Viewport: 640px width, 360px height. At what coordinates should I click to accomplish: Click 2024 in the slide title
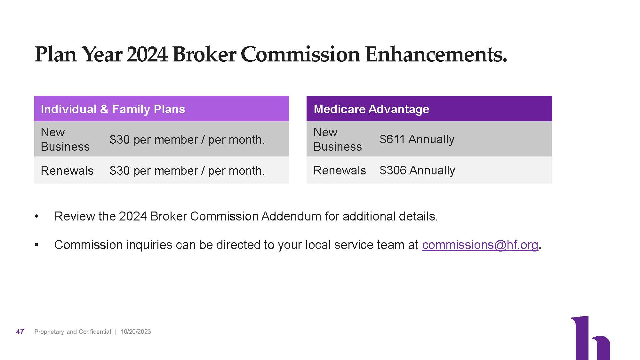[147, 54]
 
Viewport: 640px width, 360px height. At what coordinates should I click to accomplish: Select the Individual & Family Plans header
[113, 109]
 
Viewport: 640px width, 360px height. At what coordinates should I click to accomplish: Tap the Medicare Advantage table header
[371, 109]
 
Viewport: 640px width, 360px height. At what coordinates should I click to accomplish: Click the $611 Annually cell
[417, 139]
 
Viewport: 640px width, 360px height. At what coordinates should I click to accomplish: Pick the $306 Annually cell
[417, 170]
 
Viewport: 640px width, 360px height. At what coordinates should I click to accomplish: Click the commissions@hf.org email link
[480, 245]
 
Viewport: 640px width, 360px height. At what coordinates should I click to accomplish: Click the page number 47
[20, 332]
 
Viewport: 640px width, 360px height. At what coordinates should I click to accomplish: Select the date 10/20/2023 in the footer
[135, 332]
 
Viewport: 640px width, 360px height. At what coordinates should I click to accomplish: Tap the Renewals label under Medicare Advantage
[340, 170]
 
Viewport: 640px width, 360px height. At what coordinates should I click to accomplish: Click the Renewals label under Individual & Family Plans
[67, 171]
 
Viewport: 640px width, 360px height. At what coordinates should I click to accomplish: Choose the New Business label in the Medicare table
[337, 139]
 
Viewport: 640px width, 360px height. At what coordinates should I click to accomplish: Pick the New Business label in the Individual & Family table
[65, 139]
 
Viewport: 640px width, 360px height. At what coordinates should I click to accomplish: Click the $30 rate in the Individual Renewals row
[119, 171]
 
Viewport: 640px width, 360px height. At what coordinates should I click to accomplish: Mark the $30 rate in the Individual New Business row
[119, 140]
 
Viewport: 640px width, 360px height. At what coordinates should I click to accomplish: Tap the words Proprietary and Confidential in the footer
[73, 332]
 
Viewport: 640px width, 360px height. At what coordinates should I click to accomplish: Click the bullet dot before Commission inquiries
[37, 245]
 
